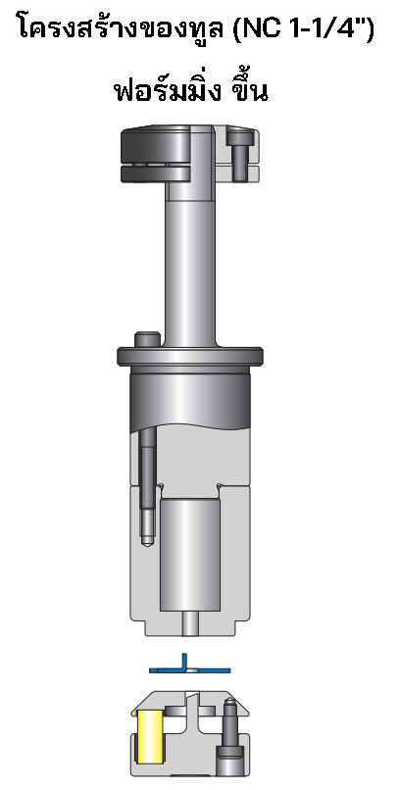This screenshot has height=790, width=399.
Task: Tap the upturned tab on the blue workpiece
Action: point(182,660)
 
